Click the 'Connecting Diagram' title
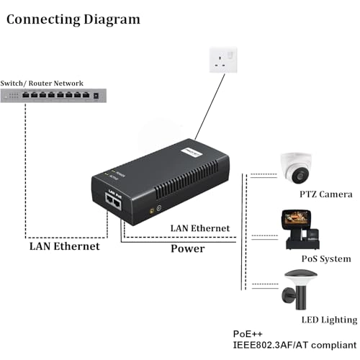click(x=73, y=19)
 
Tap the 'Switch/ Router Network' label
click(x=42, y=84)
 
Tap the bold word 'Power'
click(x=187, y=249)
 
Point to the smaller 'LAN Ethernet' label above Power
click(x=200, y=228)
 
